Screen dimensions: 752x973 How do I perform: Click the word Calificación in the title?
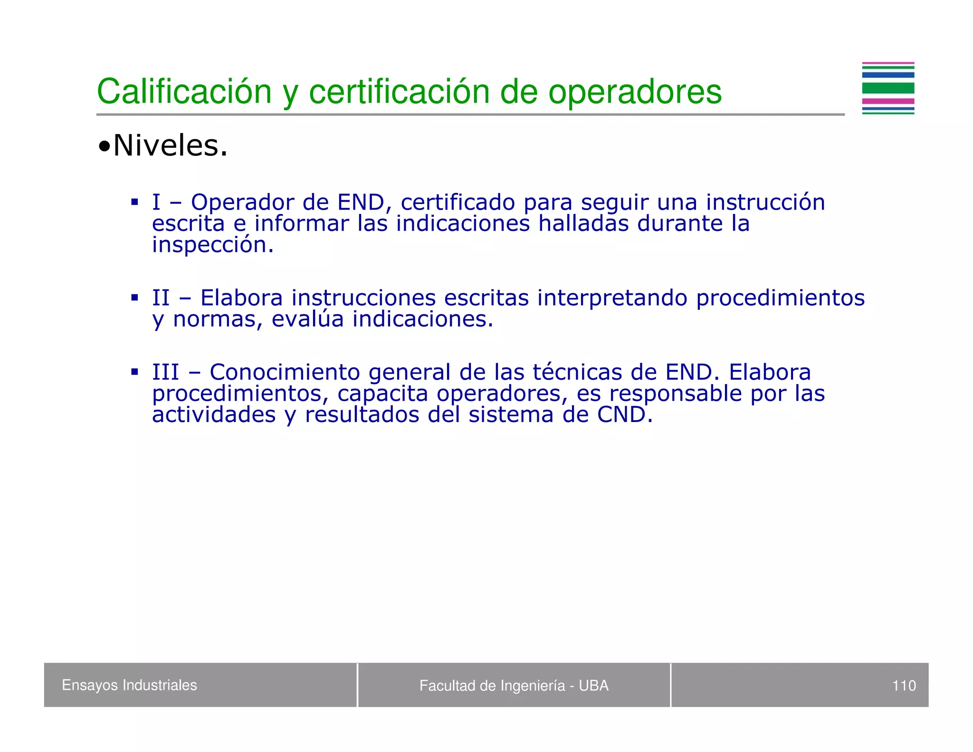coord(184,91)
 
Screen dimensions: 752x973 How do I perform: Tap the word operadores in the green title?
coord(635,91)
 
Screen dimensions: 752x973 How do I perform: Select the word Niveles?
coord(170,145)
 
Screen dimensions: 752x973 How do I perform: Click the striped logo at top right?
coord(887,88)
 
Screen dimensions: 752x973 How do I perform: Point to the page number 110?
coord(904,685)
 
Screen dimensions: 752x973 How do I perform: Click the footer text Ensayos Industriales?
coord(129,685)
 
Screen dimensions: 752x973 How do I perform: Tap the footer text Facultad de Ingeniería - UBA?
coord(514,685)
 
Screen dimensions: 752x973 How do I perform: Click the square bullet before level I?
coord(134,202)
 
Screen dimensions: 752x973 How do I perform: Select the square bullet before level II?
coord(134,298)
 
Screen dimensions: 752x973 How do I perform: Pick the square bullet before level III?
coord(134,372)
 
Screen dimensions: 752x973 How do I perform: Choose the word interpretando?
coord(612,299)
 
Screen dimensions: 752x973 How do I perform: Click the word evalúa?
coord(307,319)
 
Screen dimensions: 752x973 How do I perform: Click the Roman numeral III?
coord(165,372)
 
